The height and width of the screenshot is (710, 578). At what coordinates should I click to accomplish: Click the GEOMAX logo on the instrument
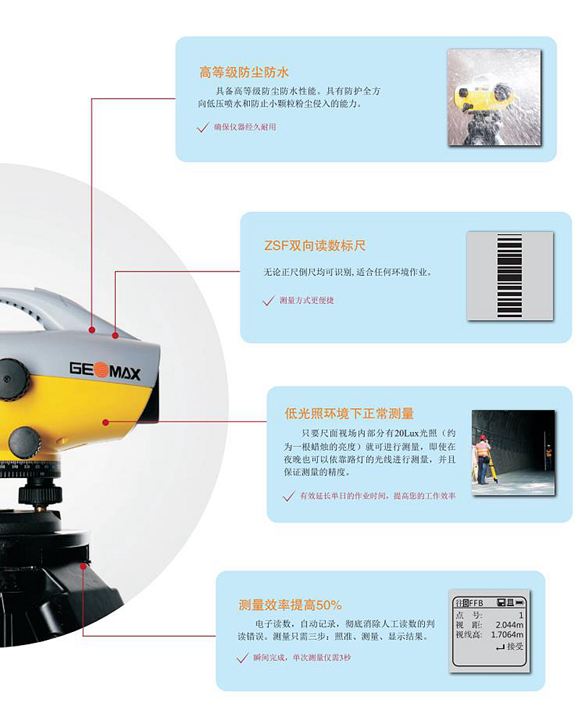point(105,371)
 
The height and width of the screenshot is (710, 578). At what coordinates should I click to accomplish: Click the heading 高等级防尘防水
point(244,72)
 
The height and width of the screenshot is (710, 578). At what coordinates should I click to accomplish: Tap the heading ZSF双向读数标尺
point(315,246)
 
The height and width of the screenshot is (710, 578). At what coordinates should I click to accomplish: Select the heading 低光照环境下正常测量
point(349,413)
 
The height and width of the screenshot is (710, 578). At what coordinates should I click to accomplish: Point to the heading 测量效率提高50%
point(290,605)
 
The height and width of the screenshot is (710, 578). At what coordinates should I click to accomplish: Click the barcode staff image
point(510,276)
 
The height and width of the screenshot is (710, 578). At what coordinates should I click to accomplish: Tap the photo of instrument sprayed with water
point(494,98)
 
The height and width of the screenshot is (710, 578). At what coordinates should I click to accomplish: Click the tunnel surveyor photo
point(513,452)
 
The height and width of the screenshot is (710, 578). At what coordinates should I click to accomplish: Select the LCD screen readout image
point(489,631)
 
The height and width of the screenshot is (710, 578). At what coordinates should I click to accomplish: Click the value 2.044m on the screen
point(509,625)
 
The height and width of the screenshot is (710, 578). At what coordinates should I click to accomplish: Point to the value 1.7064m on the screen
point(507,635)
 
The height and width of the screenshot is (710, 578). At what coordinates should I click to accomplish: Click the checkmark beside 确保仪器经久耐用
point(202,127)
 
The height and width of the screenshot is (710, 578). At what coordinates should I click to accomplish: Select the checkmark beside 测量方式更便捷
point(268,300)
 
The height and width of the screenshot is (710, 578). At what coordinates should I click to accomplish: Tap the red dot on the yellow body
point(105,423)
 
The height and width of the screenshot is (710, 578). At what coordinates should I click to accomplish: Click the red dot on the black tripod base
point(83,566)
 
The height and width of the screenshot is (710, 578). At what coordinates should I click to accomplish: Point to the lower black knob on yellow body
point(25,442)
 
